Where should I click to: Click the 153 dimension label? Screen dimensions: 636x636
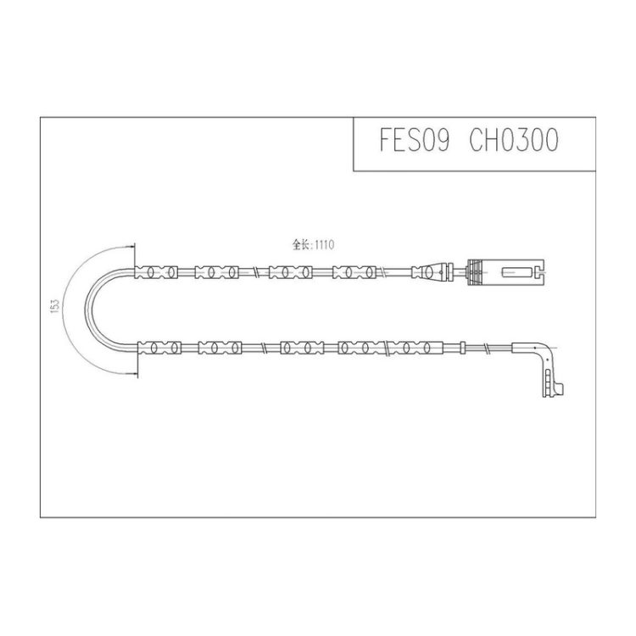54,305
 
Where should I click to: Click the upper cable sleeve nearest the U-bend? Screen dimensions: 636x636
157,272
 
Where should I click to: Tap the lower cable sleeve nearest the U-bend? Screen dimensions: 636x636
160,347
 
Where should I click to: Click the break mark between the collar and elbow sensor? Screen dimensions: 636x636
488,349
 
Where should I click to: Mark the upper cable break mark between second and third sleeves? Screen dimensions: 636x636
254,272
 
